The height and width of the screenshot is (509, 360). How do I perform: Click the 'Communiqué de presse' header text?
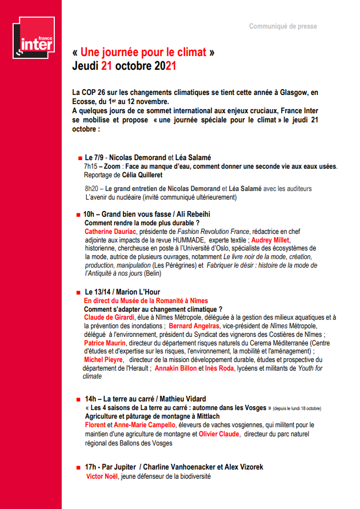click(283, 26)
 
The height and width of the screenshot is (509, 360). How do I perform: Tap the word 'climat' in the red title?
click(189, 52)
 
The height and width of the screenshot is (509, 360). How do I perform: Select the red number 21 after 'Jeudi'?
click(107, 66)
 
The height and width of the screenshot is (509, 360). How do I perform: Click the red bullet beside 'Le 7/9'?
click(79, 157)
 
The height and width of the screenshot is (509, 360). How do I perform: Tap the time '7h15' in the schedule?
click(91, 166)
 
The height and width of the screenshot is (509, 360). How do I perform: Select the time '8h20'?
click(92, 188)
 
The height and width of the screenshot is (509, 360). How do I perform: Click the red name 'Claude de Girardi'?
click(109, 317)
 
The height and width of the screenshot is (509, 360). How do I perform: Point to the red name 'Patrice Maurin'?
click(106, 343)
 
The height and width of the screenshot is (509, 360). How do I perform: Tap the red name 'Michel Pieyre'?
click(103, 360)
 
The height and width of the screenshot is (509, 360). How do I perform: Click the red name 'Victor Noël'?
click(102, 476)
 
